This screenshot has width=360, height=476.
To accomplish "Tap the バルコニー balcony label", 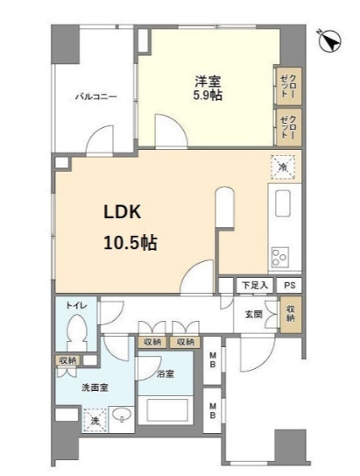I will click(95, 96).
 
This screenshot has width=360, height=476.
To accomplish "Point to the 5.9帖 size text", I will click(208, 95).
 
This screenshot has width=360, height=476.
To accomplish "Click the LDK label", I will click(124, 213).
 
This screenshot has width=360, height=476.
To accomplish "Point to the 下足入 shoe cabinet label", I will click(253, 286).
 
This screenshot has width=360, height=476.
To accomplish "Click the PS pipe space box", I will click(288, 286).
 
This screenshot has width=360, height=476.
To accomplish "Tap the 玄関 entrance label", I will click(252, 313).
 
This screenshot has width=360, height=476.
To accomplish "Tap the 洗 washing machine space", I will click(95, 420).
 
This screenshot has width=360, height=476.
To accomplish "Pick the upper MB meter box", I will click(213, 360).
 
